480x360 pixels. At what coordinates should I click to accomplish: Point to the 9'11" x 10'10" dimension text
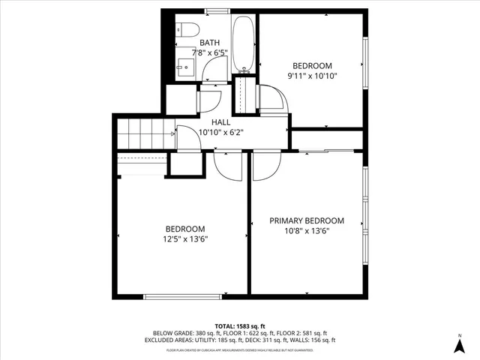click(312, 76)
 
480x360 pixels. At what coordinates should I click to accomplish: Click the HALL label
click(221, 121)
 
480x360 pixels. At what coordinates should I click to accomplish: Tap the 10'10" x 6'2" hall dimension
click(221, 132)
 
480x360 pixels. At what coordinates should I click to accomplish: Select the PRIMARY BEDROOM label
click(307, 220)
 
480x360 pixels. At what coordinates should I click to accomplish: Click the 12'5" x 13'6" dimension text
click(184, 239)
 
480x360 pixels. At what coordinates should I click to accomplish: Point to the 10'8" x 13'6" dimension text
click(307, 231)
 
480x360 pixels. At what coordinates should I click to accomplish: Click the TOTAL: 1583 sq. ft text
click(240, 325)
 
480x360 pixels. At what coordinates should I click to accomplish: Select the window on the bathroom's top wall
click(217, 10)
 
